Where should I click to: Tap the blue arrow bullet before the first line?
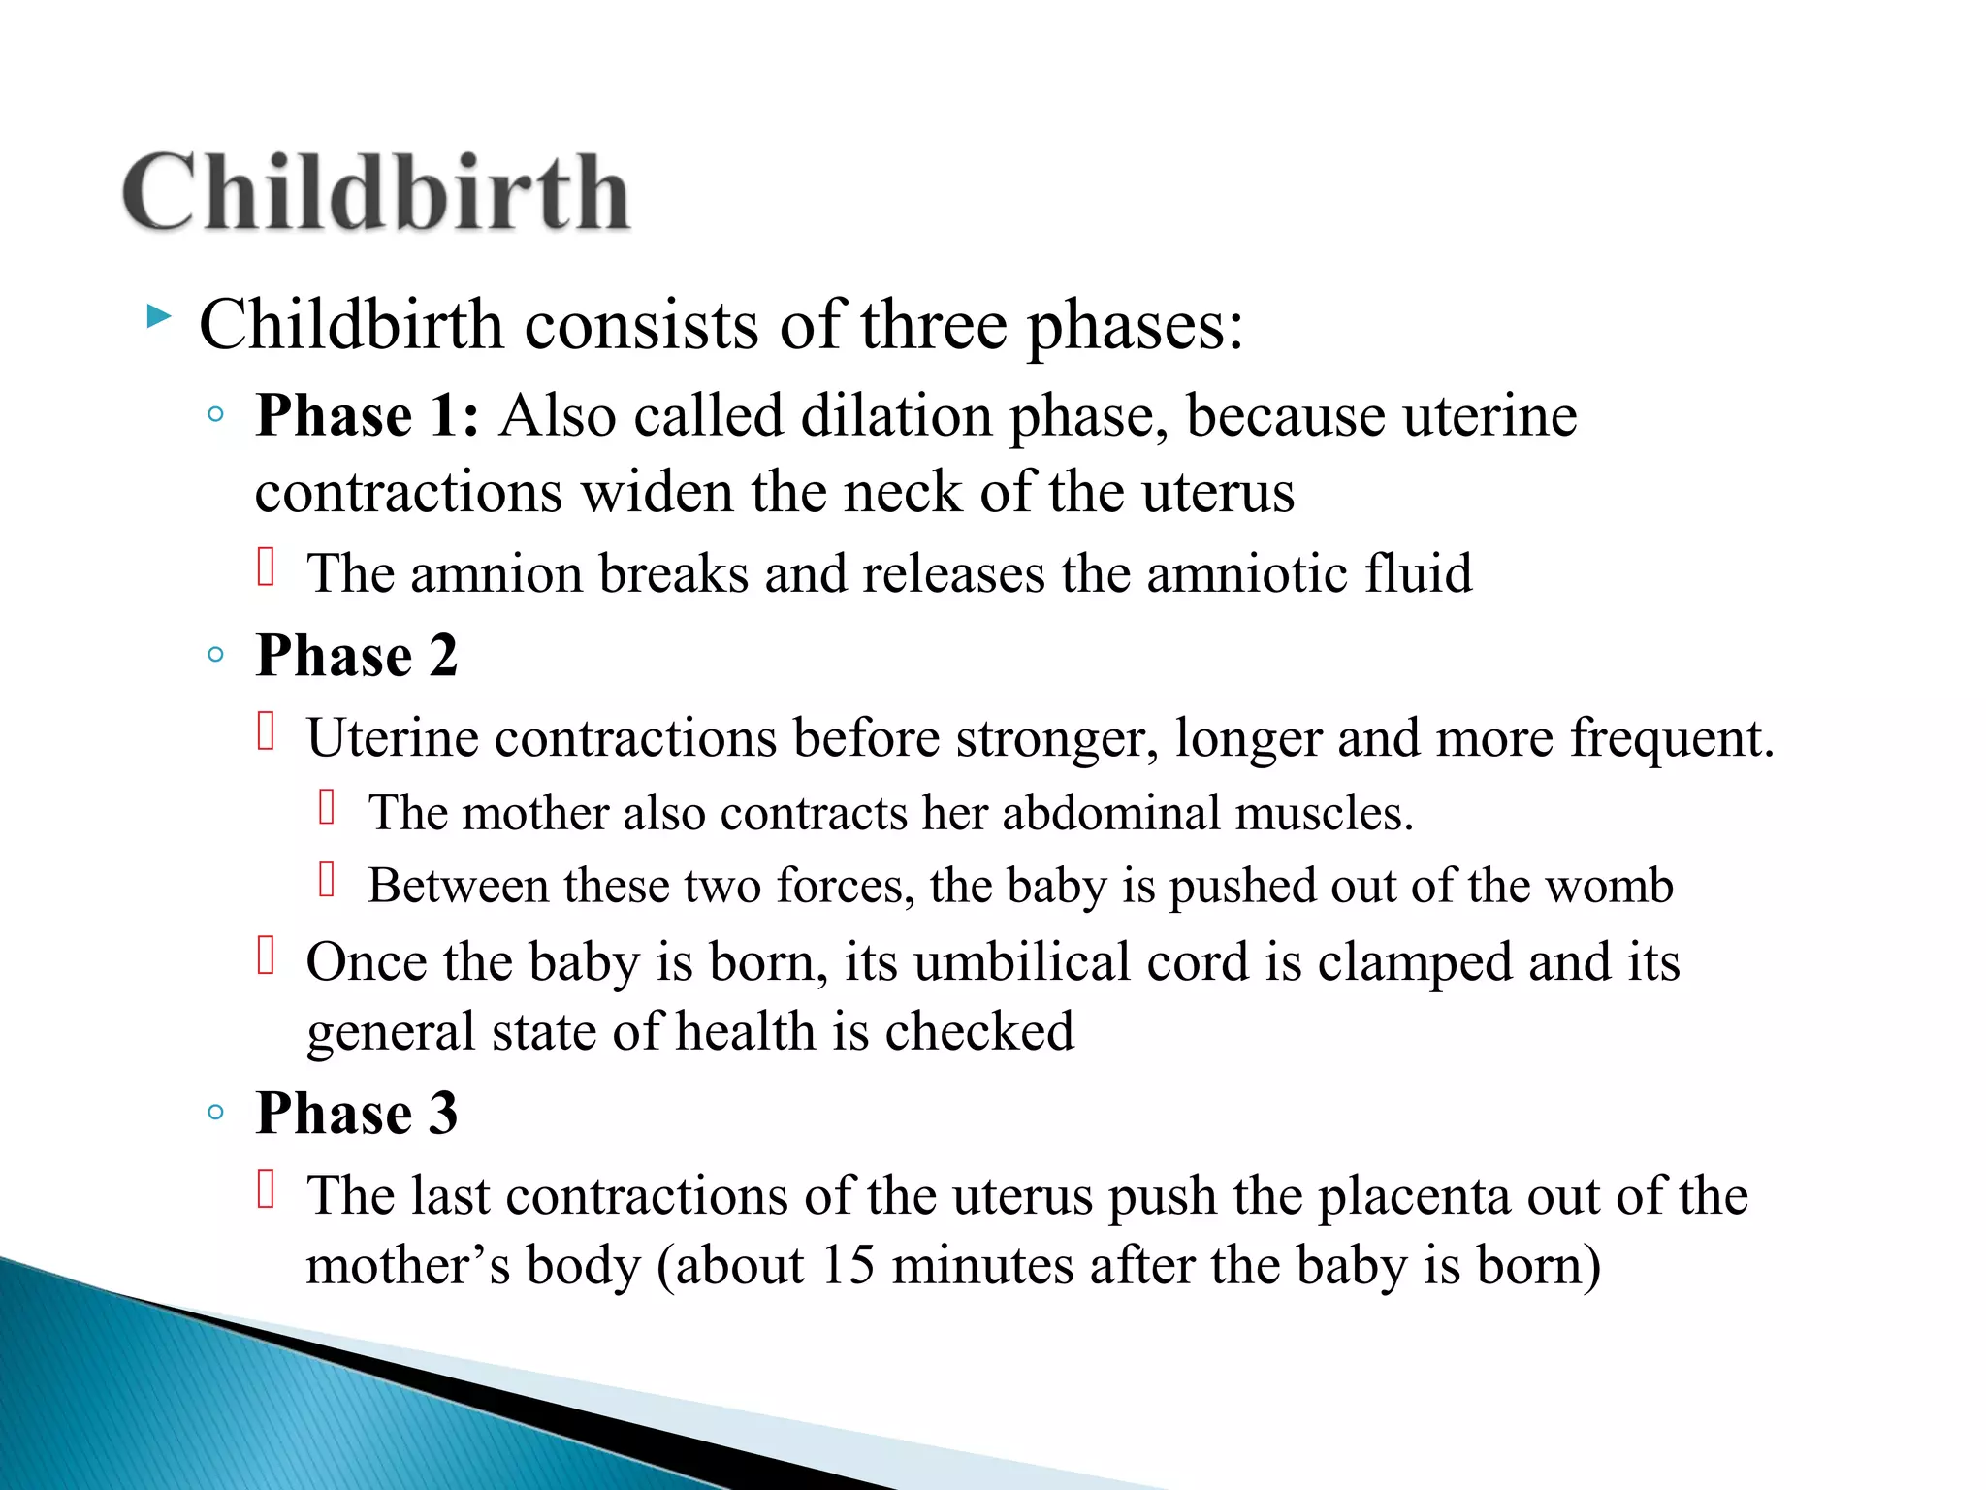[158, 316]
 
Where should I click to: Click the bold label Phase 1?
[367, 416]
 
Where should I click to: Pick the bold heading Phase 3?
[356, 1113]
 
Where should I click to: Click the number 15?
[847, 1266]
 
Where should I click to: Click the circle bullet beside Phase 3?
[216, 1113]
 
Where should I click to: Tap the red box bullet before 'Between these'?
[327, 880]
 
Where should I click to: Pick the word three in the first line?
[934, 325]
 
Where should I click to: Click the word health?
[745, 1031]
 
